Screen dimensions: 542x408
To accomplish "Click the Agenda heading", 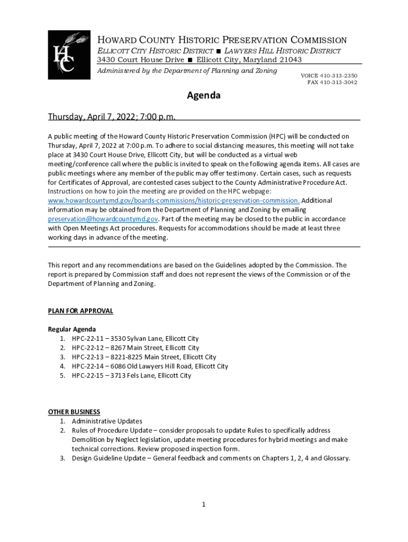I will tap(203, 96).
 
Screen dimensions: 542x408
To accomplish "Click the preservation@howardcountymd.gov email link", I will tap(103, 219).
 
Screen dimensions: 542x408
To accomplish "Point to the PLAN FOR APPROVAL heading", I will tap(81, 311).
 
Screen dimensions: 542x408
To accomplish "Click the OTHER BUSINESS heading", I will tap(74, 412).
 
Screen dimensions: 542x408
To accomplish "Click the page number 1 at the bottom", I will tap(203, 504).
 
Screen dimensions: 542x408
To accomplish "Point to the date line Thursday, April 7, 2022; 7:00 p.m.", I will tap(112, 116).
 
